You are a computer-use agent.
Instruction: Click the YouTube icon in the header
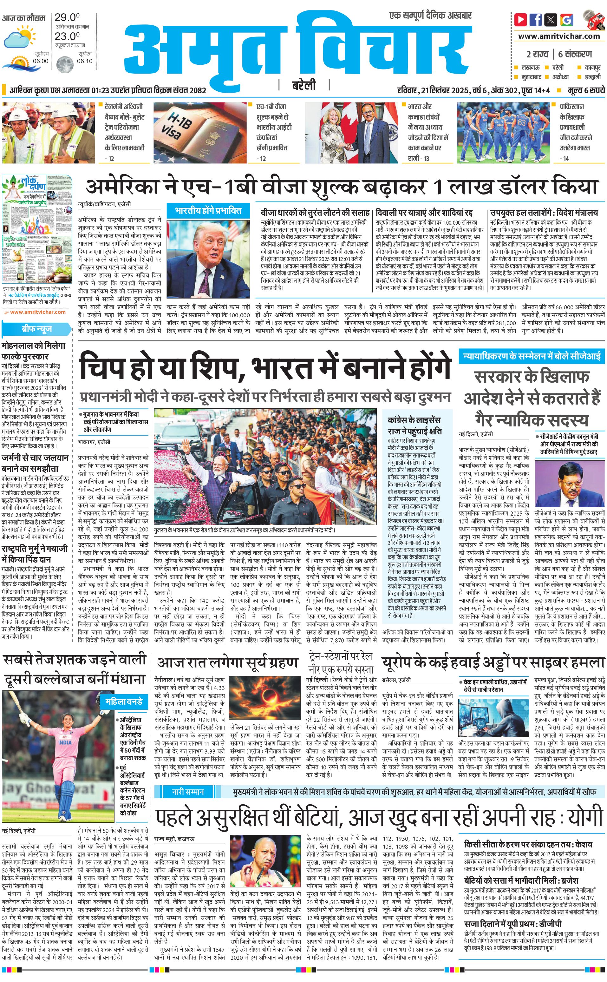(x=521, y=19)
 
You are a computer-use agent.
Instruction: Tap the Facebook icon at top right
(x=536, y=19)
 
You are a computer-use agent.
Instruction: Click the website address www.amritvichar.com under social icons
(x=559, y=36)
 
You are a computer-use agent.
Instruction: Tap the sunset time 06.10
(x=85, y=61)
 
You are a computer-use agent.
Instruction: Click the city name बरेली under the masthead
(x=303, y=85)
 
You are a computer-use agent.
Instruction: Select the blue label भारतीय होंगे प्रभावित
(x=208, y=210)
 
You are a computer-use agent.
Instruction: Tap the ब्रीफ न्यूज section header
(x=37, y=329)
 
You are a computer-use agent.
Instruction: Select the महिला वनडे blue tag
(x=124, y=701)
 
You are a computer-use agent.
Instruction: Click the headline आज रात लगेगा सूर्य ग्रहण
(x=228, y=662)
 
